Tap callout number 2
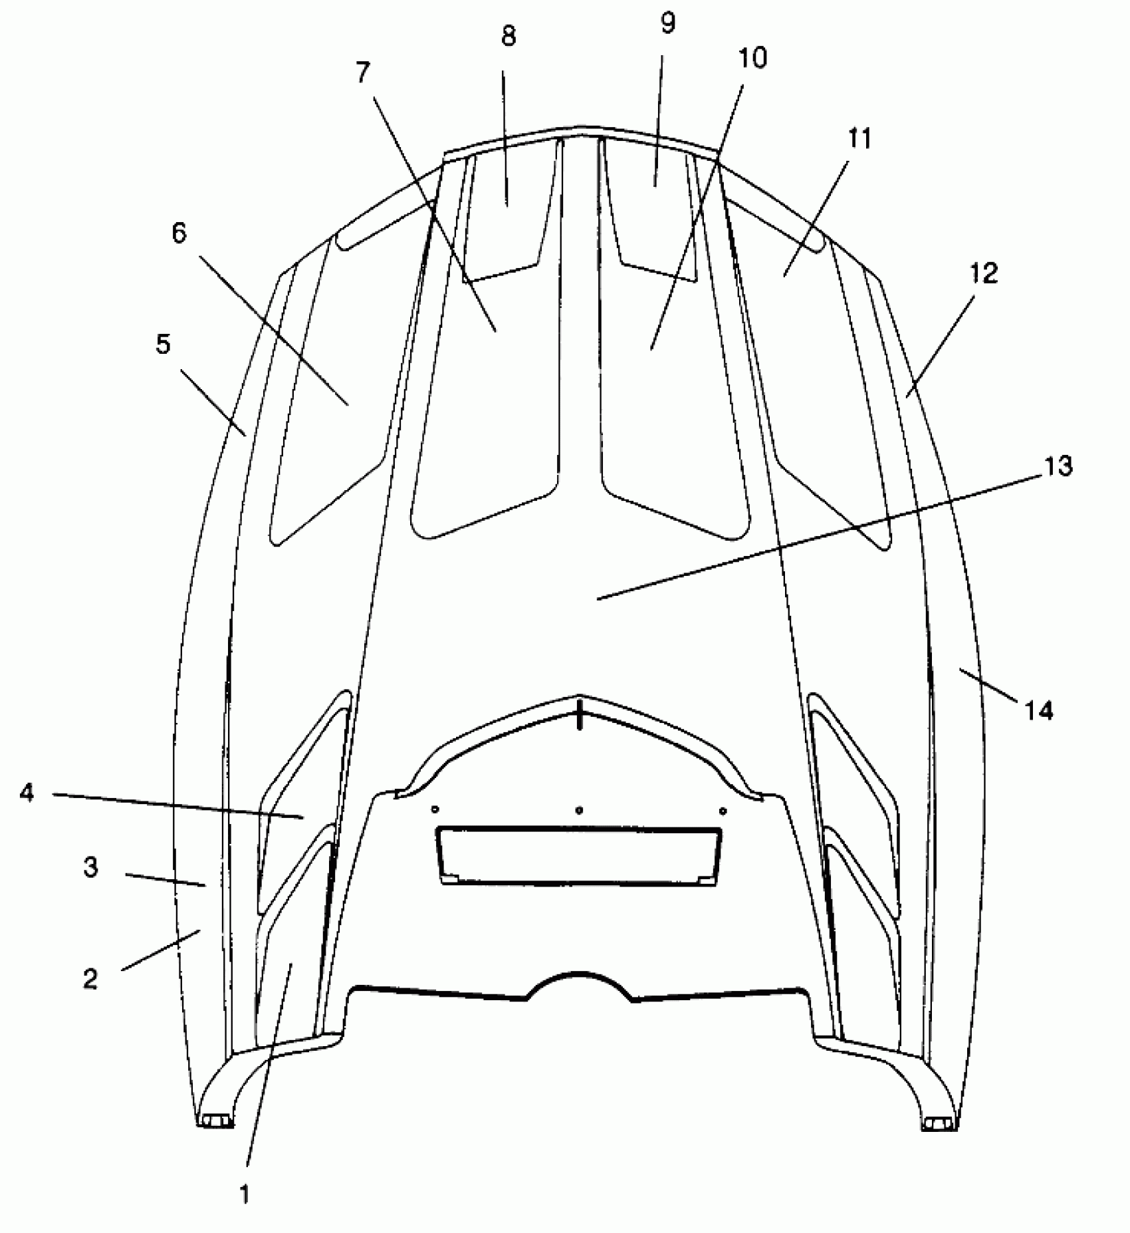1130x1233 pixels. [x=90, y=978]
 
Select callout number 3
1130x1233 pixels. [x=90, y=868]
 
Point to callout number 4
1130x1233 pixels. [x=27, y=792]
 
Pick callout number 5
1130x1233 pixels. [x=163, y=344]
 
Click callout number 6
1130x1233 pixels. [x=179, y=233]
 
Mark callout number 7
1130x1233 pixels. [x=362, y=72]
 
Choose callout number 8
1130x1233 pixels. [x=508, y=37]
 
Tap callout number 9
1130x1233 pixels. [x=667, y=23]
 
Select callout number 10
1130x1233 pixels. [x=752, y=59]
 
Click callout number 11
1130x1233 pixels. [x=859, y=139]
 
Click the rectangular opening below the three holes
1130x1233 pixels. [x=578, y=855]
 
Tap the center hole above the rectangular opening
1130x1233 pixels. [x=580, y=810]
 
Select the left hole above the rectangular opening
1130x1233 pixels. [x=435, y=809]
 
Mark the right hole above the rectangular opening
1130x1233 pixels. [x=723, y=811]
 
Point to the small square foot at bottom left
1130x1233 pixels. [x=216, y=1122]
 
